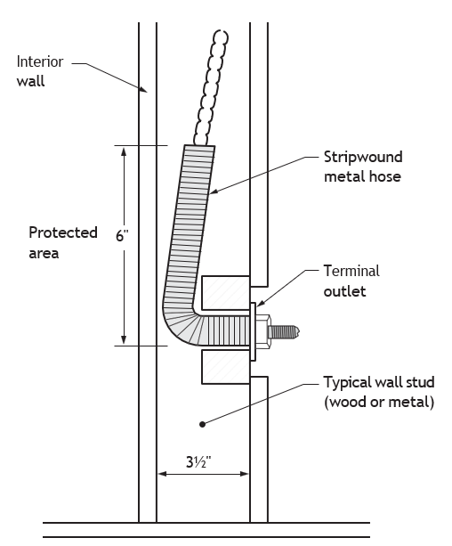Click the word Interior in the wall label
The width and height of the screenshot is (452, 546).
pos(40,61)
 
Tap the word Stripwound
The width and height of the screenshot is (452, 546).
pos(363,157)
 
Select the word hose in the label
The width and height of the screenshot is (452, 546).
pos(385,176)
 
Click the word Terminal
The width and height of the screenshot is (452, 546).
pos(351,271)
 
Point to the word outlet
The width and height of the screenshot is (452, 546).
pos(344,291)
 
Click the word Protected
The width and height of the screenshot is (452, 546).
pos(63,232)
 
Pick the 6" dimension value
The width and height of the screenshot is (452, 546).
pos(122,236)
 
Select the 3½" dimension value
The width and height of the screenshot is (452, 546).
pos(198,462)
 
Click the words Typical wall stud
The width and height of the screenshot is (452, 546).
pos(379,382)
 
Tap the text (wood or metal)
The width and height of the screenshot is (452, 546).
pos(379,403)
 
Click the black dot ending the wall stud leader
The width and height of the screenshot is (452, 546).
pos(203,424)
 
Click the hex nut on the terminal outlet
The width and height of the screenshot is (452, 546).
pos(263,331)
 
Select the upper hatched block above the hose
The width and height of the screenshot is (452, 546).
pos(225,292)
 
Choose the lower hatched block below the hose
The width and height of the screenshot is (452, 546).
pos(225,367)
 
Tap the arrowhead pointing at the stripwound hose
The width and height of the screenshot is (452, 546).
pos(213,192)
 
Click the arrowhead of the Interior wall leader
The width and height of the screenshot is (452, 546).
pos(144,90)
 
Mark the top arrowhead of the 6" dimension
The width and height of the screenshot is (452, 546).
pos(124,152)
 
